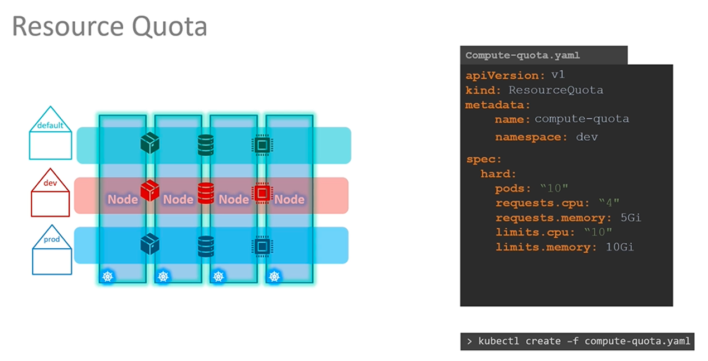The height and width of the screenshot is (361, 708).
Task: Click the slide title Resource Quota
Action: [x=109, y=26]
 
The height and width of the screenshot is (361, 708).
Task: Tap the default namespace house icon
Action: [x=51, y=133]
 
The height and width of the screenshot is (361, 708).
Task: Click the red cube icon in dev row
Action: [x=149, y=191]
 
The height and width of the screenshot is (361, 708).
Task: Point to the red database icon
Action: [x=206, y=192]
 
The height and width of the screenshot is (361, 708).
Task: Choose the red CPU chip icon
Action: [x=261, y=192]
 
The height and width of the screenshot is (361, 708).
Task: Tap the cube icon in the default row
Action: [x=149, y=143]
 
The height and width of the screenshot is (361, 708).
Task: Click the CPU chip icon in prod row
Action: [x=261, y=245]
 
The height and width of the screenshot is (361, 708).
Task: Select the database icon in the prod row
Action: [x=206, y=246]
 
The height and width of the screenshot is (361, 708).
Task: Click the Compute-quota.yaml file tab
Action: [x=522, y=55]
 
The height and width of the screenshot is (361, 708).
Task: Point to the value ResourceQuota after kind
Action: [x=556, y=90]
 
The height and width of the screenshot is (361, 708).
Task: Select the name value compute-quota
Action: [x=581, y=119]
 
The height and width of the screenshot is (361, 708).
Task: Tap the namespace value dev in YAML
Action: [x=586, y=137]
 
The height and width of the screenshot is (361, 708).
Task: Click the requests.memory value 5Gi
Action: [x=631, y=218]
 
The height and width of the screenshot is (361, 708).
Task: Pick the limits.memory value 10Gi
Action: [x=619, y=247]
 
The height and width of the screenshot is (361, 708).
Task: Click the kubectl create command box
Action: [x=577, y=341]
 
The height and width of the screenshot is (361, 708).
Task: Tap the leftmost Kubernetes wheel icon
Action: [x=108, y=276]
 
